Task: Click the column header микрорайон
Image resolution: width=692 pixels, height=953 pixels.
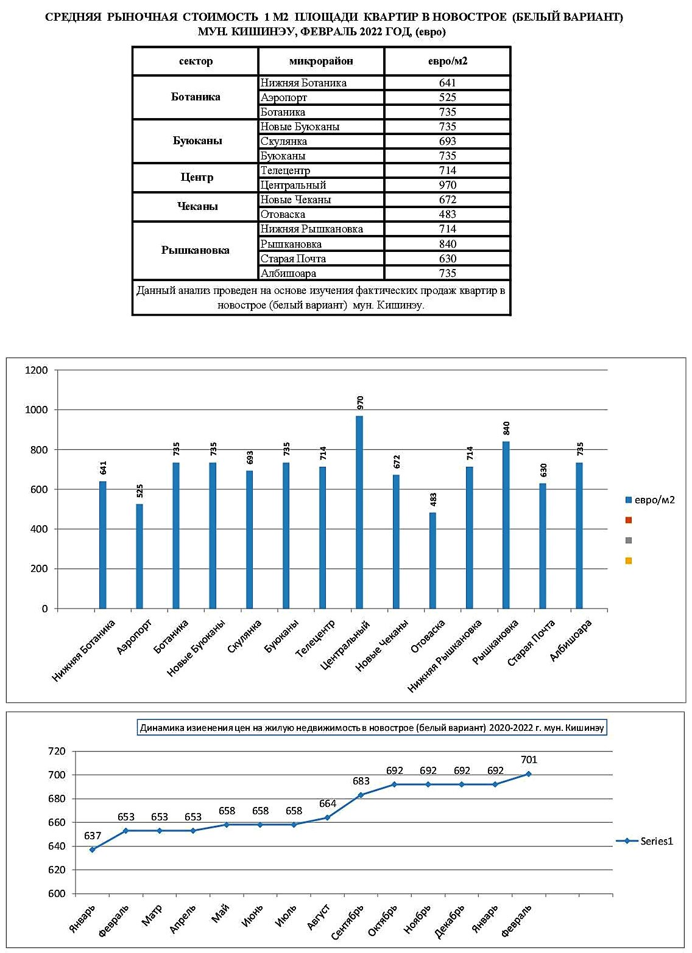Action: click(x=320, y=61)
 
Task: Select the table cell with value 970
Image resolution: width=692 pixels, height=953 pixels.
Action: click(x=448, y=185)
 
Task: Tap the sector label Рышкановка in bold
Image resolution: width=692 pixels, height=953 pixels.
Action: click(x=195, y=250)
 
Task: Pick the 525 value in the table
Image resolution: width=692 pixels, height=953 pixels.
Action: click(x=448, y=97)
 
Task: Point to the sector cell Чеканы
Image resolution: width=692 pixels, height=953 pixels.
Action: click(x=197, y=207)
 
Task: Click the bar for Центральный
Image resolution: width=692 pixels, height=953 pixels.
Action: click(x=359, y=512)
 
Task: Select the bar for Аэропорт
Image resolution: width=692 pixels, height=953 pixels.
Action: click(x=139, y=556)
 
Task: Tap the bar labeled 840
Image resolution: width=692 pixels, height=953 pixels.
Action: click(x=506, y=525)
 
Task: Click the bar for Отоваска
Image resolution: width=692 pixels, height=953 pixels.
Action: click(x=432, y=560)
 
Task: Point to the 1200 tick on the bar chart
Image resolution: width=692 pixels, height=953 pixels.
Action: click(x=37, y=370)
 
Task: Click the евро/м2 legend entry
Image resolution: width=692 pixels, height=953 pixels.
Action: click(x=649, y=500)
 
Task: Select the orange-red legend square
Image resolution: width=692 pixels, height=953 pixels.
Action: click(x=628, y=520)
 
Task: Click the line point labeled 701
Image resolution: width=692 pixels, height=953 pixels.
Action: click(x=529, y=774)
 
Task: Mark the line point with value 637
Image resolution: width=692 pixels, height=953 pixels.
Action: click(x=93, y=850)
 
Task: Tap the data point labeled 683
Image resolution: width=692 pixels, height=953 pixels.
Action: click(x=361, y=795)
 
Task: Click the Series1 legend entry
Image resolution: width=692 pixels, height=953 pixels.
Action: click(x=644, y=841)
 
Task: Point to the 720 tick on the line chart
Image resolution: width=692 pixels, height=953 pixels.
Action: click(x=57, y=751)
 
